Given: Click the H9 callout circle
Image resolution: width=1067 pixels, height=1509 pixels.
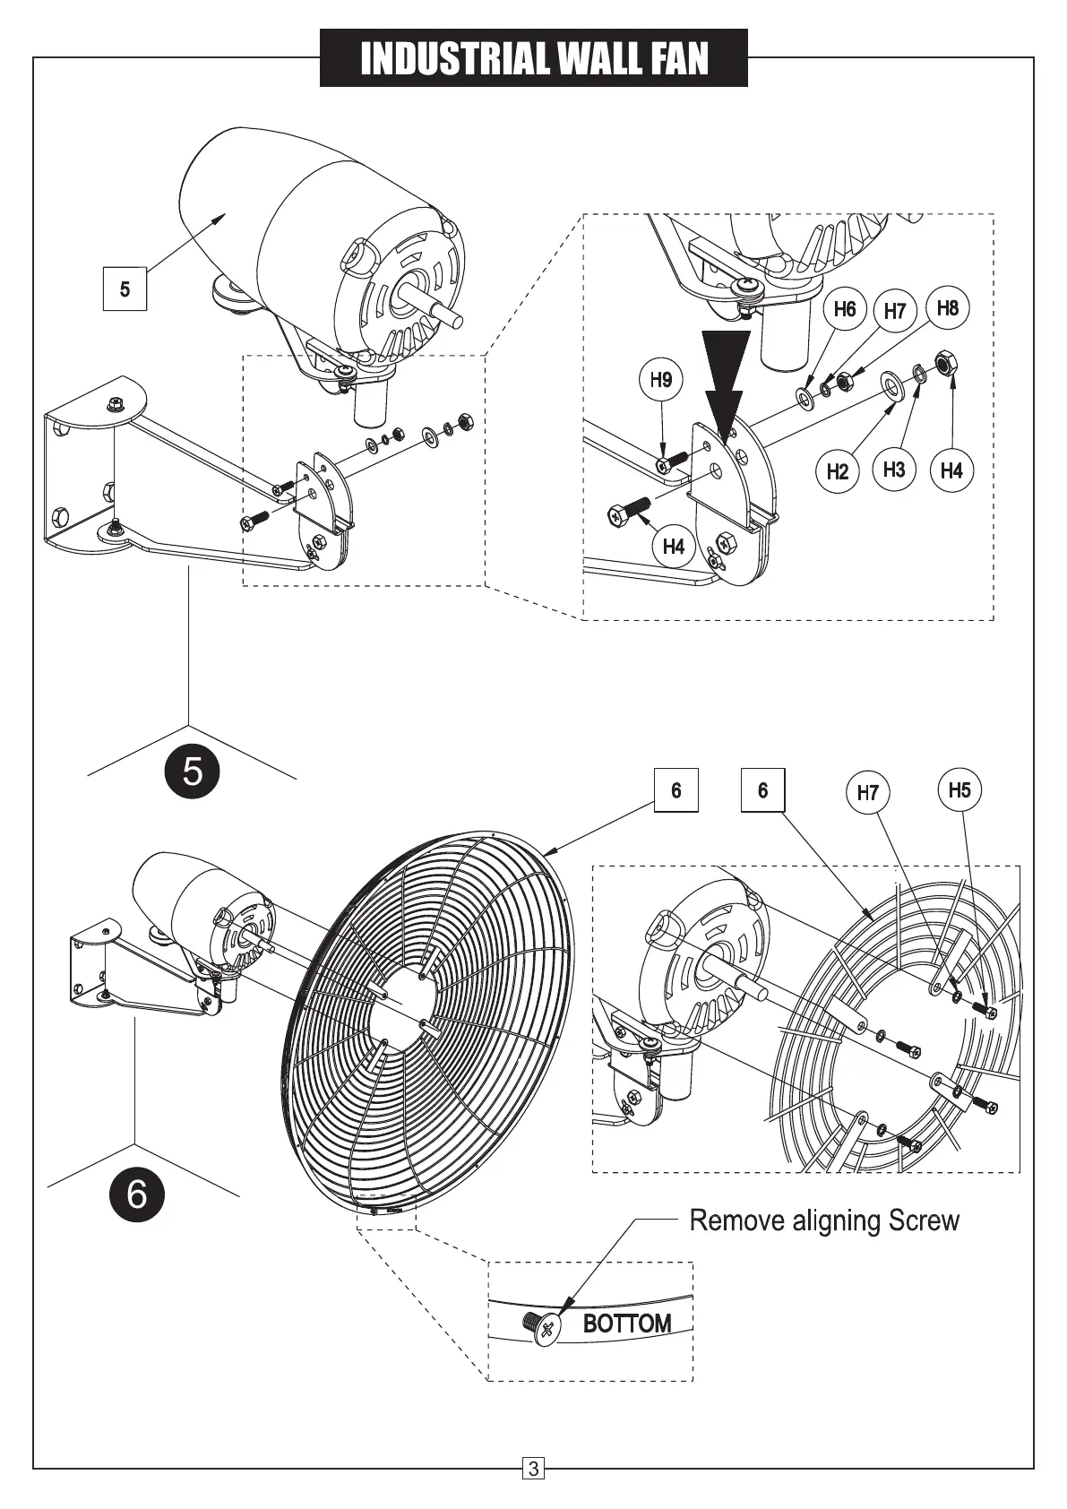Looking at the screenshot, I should click(x=661, y=380).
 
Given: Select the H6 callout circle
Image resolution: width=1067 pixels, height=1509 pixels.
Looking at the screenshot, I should click(x=844, y=310).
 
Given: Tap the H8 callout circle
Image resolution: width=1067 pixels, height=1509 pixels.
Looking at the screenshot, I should click(x=947, y=308).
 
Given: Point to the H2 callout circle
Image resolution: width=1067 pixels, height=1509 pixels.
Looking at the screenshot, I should click(x=837, y=471).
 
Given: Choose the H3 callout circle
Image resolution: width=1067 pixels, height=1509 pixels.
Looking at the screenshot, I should click(x=893, y=470).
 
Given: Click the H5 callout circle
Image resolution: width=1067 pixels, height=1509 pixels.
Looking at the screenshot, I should click(x=959, y=790).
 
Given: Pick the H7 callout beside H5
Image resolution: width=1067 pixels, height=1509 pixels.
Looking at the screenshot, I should click(x=867, y=792).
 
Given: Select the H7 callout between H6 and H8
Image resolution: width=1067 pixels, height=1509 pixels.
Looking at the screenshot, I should click(x=894, y=312).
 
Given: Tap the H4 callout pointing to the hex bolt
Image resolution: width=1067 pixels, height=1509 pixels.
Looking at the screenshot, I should click(x=673, y=546).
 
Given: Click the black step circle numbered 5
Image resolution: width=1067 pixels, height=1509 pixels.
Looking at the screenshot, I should click(x=193, y=771).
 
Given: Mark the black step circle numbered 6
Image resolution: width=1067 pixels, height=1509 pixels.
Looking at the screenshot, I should click(x=136, y=1194).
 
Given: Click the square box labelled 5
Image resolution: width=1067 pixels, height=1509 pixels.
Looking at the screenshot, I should click(x=125, y=289).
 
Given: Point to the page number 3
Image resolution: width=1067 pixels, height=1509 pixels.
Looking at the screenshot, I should click(x=533, y=1469).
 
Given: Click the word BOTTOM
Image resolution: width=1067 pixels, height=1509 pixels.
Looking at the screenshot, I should click(x=627, y=1324).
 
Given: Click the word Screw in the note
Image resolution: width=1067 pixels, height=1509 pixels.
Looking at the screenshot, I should click(x=924, y=1220).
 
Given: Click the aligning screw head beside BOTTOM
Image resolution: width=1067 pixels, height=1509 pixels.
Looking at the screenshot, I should click(x=545, y=1328).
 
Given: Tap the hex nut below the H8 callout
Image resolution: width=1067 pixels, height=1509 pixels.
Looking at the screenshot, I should click(x=843, y=383).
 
